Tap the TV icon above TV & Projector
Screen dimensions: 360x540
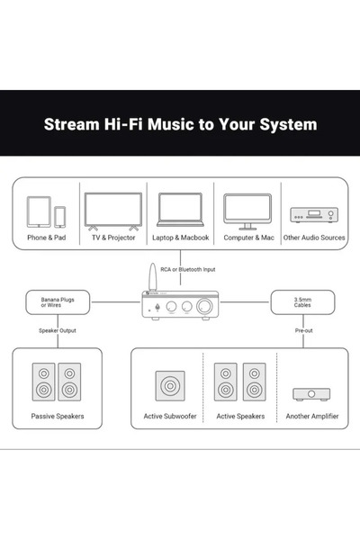click(113, 211)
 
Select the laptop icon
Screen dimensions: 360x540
click(180, 210)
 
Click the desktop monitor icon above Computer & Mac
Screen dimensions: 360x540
click(247, 211)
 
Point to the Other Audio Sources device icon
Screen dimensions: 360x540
click(314, 215)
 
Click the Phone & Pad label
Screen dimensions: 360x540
click(47, 238)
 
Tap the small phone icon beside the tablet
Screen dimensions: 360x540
click(60, 217)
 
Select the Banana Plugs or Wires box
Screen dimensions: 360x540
click(58, 302)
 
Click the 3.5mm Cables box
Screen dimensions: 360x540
click(302, 302)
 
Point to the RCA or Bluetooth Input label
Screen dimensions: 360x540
click(188, 269)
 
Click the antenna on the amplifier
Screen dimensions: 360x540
click(152, 277)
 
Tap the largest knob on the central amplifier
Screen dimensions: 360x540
click(204, 306)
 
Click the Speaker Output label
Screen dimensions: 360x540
click(58, 330)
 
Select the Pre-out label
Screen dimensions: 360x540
click(303, 330)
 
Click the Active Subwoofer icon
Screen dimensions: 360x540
click(170, 386)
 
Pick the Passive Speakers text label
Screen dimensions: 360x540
click(58, 416)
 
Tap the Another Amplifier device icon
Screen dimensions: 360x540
click(311, 394)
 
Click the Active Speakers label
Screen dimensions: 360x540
click(240, 416)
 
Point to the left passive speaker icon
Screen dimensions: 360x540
click(43, 382)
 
